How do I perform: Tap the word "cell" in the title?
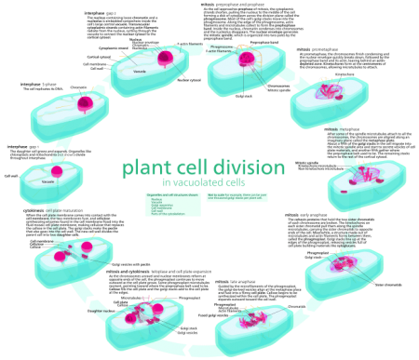click(195, 168)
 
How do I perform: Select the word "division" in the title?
click(249, 168)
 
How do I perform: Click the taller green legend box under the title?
click(172, 205)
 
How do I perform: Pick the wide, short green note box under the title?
click(237, 197)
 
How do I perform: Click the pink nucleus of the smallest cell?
click(57, 172)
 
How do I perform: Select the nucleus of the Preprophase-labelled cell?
click(246, 60)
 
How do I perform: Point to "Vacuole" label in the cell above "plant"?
click(140, 71)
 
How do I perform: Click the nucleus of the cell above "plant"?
click(165, 59)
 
